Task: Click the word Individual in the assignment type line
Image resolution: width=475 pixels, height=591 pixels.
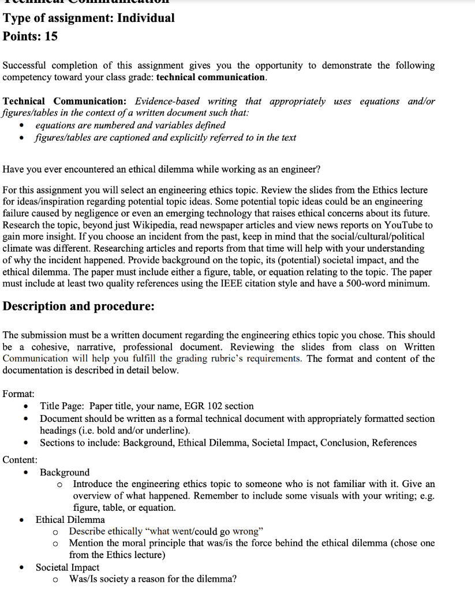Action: coord(146,18)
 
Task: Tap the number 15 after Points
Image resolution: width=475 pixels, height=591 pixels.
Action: coord(51,36)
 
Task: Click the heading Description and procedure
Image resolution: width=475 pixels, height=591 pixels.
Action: coord(78,306)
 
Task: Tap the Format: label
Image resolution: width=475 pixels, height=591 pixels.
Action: coord(18,394)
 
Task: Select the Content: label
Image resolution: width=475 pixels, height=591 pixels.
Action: coord(20,459)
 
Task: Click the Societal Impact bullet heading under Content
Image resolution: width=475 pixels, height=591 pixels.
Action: coord(68,567)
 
